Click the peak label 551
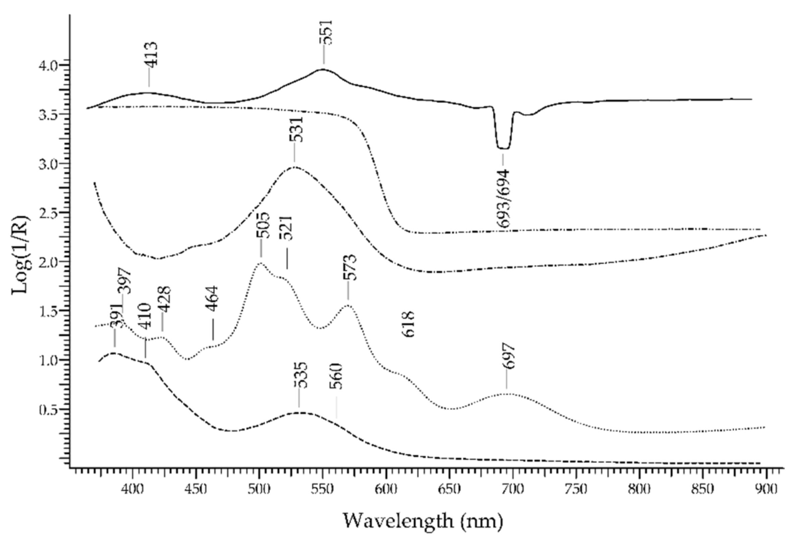click(x=326, y=32)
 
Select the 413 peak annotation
click(x=150, y=54)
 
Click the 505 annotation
click(x=263, y=225)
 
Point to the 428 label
click(x=165, y=299)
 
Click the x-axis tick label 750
click(x=576, y=489)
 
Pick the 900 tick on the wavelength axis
click(x=766, y=489)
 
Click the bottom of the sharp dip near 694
click(x=503, y=148)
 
